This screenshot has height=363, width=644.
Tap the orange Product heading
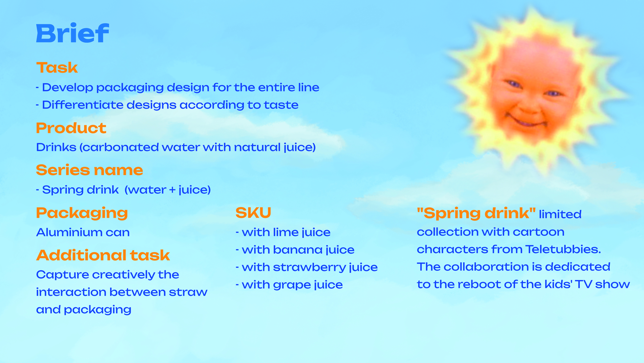(x=71, y=128)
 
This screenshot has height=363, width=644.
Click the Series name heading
(x=90, y=170)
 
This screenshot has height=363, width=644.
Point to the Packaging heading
(x=82, y=213)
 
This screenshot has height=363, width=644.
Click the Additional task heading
(x=103, y=255)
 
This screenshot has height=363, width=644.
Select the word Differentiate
(x=83, y=105)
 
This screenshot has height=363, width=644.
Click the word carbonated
(x=121, y=147)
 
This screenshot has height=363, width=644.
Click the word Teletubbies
(x=563, y=249)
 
